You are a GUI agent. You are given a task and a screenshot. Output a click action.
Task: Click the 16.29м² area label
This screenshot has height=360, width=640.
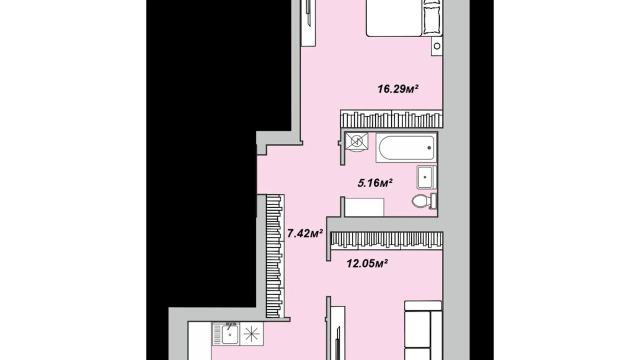point(397,89)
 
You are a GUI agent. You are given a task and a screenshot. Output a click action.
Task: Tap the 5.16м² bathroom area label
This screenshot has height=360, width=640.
point(375,182)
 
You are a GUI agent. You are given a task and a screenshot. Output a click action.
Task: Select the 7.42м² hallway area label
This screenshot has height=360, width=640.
point(305,233)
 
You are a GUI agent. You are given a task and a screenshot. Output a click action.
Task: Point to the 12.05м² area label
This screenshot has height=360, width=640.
point(367,264)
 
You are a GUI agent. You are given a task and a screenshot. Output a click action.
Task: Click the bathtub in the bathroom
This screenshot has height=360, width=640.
point(406,148)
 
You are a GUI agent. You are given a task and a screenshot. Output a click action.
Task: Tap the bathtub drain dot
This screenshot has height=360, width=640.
point(429,148)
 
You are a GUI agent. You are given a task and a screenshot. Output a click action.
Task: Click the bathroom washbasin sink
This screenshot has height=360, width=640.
point(426,177)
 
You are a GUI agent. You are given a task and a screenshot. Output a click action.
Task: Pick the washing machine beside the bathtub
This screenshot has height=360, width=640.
point(356,142)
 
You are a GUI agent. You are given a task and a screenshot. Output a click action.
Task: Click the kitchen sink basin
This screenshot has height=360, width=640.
point(229,334)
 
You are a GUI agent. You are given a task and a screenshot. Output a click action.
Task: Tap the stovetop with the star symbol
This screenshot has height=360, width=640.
point(252,334)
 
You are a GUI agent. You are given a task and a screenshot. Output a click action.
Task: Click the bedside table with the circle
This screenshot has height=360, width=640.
point(437,46)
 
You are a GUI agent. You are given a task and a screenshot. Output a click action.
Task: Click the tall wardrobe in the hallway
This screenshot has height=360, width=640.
point(275,256)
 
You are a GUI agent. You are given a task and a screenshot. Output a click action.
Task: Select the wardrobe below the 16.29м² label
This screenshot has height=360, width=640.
point(391,119)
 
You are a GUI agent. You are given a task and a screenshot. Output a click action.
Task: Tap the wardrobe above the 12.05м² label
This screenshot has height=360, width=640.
point(386,240)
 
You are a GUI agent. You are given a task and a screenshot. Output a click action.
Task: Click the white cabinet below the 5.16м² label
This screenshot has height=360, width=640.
point(364,207)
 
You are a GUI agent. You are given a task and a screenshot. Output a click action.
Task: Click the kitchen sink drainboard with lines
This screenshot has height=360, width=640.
point(217,334)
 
